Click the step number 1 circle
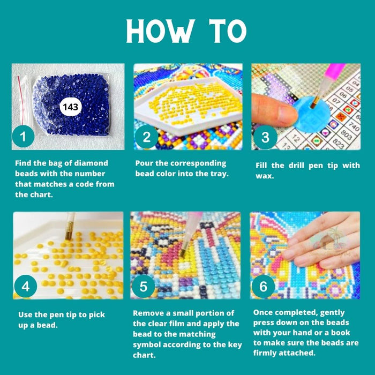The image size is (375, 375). [x=23, y=137]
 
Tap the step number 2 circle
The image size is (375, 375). [x=146, y=137]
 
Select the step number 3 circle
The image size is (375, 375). [x=265, y=137]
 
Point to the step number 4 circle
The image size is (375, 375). [x=25, y=286]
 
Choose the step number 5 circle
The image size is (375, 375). [x=143, y=286]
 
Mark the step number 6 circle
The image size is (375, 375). [x=263, y=286]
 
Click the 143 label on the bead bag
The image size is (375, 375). [x=71, y=107]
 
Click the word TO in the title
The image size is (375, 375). [x=228, y=31]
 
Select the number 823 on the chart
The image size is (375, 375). [x=337, y=143]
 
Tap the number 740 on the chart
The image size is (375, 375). [x=354, y=126]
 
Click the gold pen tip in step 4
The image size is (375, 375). [x=69, y=230]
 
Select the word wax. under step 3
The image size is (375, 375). [x=265, y=176]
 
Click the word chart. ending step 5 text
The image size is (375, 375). [x=144, y=355]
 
